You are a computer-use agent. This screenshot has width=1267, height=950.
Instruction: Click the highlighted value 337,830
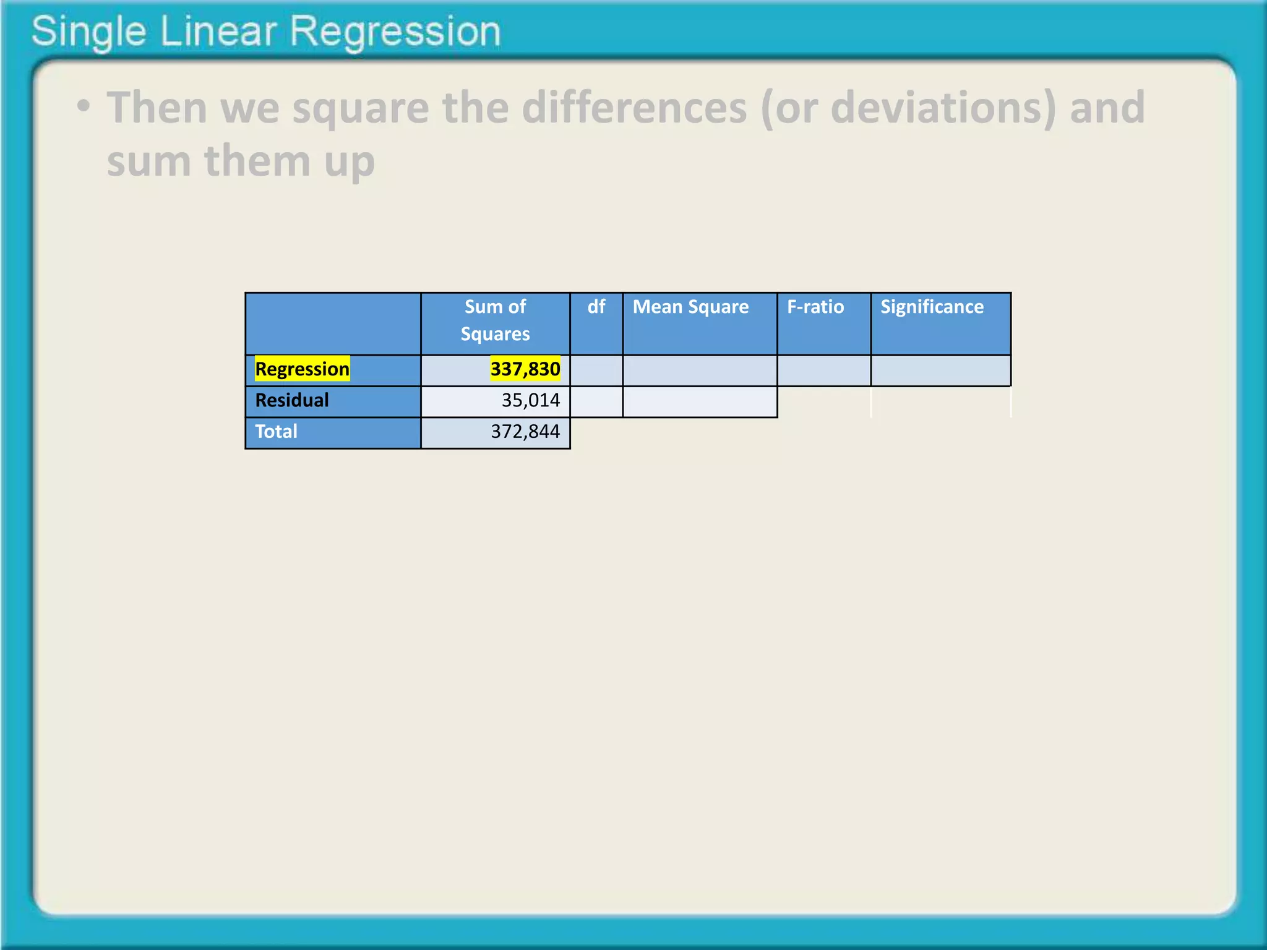pyautogui.click(x=525, y=369)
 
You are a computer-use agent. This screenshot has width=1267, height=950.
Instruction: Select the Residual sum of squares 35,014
pyautogui.click(x=530, y=401)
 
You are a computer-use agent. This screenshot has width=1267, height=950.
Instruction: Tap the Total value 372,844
pyautogui.click(x=525, y=432)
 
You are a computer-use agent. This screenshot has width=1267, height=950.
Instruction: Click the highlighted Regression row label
pyautogui.click(x=302, y=369)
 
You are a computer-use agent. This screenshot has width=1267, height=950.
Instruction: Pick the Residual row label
pyautogui.click(x=291, y=401)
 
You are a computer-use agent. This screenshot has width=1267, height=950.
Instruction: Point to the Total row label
pyautogui.click(x=276, y=432)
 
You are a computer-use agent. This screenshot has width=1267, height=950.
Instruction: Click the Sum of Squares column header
pyautogui.click(x=495, y=320)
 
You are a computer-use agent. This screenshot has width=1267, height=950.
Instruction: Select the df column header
pyautogui.click(x=596, y=307)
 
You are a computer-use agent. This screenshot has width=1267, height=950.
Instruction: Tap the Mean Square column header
pyautogui.click(x=690, y=307)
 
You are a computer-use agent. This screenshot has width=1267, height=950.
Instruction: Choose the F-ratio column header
pyautogui.click(x=815, y=307)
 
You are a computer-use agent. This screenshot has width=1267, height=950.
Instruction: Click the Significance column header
pyautogui.click(x=932, y=307)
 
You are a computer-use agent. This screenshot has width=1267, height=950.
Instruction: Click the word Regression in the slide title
pyautogui.click(x=395, y=32)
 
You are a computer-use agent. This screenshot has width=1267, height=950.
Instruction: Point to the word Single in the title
pyautogui.click(x=88, y=32)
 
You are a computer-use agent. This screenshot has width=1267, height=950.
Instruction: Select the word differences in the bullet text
pyautogui.click(x=634, y=108)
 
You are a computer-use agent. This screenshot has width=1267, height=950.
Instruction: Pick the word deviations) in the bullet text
pyautogui.click(x=943, y=108)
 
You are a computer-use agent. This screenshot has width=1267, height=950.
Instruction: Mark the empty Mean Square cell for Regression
pyautogui.click(x=699, y=371)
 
